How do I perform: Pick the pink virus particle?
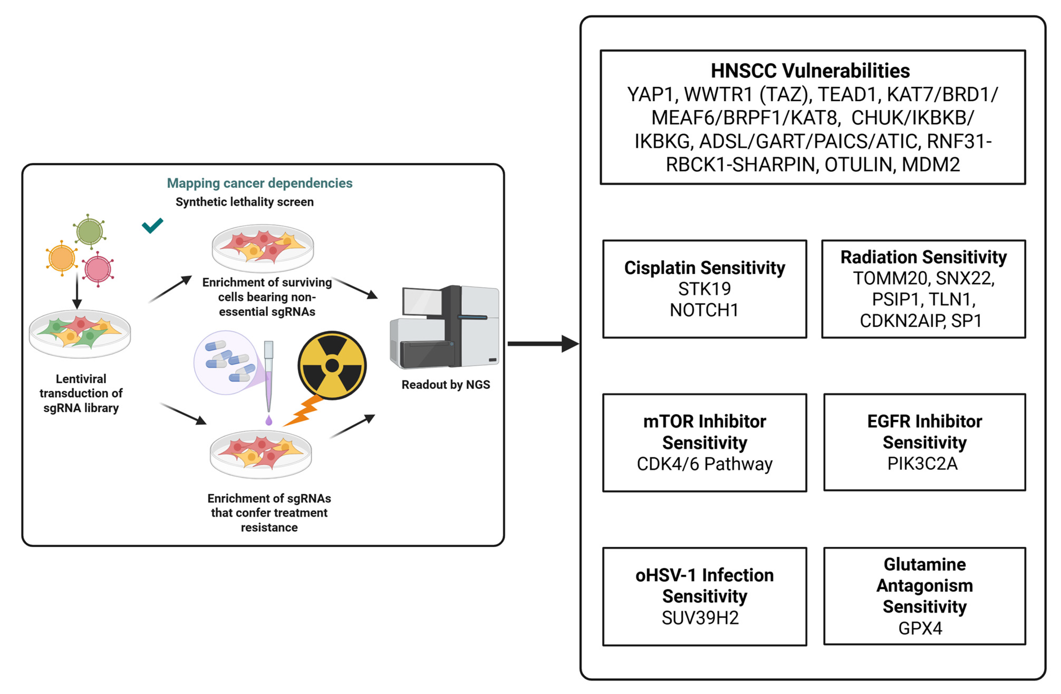pyautogui.click(x=98, y=269)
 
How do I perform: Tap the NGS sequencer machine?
pyautogui.click(x=444, y=327)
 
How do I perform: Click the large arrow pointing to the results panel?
pyautogui.click(x=543, y=344)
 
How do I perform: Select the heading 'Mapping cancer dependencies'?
pyautogui.click(x=260, y=183)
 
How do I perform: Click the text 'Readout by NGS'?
pyautogui.click(x=446, y=385)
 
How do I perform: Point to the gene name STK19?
pyautogui.click(x=704, y=289)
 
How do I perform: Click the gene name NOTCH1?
pyautogui.click(x=704, y=310)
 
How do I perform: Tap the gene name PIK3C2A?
pyautogui.click(x=922, y=464)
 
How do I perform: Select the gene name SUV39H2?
pyautogui.click(x=700, y=618)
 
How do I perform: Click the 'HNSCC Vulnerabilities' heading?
pyautogui.click(x=810, y=70)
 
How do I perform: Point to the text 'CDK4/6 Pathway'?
pyautogui.click(x=704, y=464)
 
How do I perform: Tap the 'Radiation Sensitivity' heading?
pyautogui.click(x=924, y=257)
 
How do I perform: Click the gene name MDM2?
pyautogui.click(x=931, y=164)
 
